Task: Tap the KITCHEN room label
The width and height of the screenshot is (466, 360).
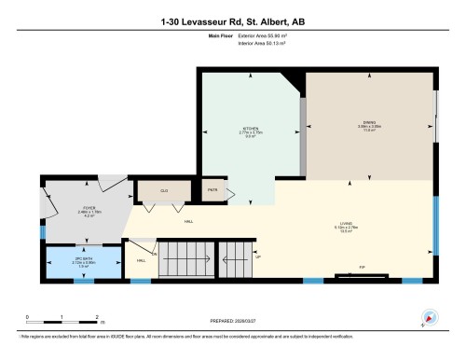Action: click(x=250, y=128)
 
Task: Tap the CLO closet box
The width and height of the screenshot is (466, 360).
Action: click(x=163, y=191)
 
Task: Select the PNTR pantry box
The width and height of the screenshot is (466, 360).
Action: click(x=212, y=191)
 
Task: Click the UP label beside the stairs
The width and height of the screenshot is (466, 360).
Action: click(x=258, y=257)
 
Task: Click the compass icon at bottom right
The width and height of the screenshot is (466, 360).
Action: click(x=429, y=317)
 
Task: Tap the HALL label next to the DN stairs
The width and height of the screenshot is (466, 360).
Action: click(x=141, y=261)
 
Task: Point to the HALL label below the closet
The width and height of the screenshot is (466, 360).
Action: click(x=188, y=221)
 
